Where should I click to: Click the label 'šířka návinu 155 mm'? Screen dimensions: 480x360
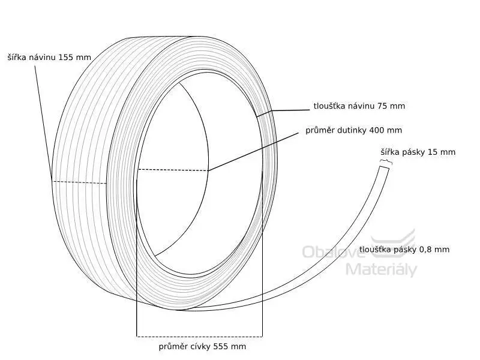point(49,57)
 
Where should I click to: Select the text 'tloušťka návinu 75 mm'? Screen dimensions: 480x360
point(359,106)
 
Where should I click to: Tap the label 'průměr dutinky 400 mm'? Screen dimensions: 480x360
point(353,130)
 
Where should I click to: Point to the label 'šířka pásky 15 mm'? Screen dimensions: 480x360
point(418,152)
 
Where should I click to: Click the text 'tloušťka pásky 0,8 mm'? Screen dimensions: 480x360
point(404,250)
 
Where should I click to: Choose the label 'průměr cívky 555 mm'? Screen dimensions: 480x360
point(202,347)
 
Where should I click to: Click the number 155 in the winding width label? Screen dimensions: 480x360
point(65,57)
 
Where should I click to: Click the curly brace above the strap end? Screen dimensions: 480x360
point(386,161)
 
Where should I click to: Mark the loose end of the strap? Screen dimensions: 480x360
point(385,168)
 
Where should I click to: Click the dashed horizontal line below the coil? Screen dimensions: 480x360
point(199,337)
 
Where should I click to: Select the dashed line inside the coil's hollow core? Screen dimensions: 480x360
point(173,170)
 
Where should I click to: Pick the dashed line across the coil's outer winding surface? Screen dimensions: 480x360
point(79,182)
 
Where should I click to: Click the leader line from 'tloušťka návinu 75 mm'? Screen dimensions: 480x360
point(283,113)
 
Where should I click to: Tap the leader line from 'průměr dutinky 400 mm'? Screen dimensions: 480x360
point(253,152)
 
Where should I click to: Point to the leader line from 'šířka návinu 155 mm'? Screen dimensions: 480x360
point(43,123)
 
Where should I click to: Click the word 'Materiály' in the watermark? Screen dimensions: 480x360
point(382,269)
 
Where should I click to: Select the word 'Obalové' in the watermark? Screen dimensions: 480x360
point(334,251)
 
